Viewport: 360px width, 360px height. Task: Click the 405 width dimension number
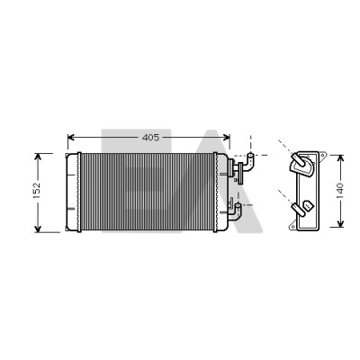(x=150, y=138)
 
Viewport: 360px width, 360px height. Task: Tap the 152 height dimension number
(x=36, y=190)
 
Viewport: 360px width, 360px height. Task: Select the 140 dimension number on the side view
(x=339, y=190)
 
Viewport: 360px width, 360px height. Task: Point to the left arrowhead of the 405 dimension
(x=71, y=138)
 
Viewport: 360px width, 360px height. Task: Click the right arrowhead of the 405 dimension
(x=226, y=138)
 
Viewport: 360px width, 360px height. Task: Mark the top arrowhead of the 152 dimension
(x=38, y=157)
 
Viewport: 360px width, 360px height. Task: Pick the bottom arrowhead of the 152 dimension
(x=38, y=229)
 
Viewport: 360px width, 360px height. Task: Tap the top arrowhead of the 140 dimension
(x=340, y=158)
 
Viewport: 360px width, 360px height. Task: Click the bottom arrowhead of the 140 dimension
(x=340, y=223)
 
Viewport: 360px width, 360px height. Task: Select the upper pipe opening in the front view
(x=250, y=156)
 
